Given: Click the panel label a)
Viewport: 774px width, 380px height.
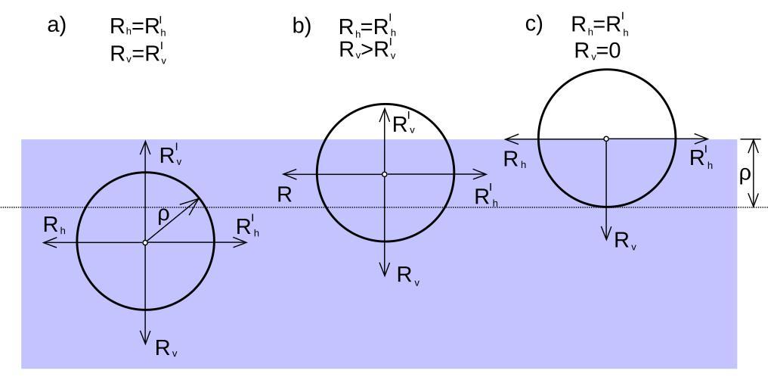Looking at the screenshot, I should click(x=57, y=25).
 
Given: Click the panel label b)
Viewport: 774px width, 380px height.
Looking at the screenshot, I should click(x=302, y=26).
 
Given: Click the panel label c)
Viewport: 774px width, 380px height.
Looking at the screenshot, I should click(x=534, y=24).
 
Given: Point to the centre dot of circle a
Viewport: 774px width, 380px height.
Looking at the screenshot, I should click(x=145, y=242).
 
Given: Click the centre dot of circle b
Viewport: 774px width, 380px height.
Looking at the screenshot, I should click(x=385, y=174).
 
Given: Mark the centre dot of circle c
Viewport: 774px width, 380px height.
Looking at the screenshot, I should click(x=606, y=139).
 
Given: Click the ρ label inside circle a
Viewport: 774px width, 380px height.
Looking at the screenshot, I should click(x=164, y=214).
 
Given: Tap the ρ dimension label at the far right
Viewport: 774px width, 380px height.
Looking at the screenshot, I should click(x=745, y=175).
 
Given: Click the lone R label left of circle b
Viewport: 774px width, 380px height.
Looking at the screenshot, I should click(x=284, y=195).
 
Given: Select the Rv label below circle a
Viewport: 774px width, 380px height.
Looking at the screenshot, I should click(x=166, y=349).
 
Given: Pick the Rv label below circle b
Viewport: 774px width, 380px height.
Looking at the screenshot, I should click(x=407, y=276).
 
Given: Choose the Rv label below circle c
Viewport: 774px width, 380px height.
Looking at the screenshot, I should click(x=624, y=241).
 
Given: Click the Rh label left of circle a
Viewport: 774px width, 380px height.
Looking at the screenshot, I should click(x=54, y=226).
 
